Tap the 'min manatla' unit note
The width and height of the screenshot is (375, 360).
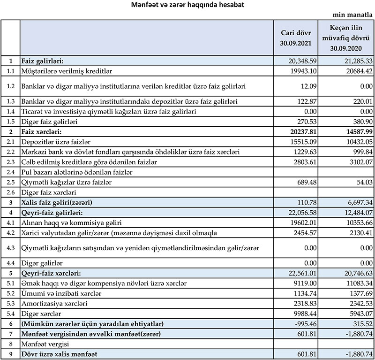[x=350, y=15]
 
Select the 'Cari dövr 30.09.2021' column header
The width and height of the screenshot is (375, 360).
[x=296, y=38]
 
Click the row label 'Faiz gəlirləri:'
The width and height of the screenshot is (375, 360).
[x=43, y=61]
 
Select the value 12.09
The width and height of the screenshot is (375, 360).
[x=308, y=87]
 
